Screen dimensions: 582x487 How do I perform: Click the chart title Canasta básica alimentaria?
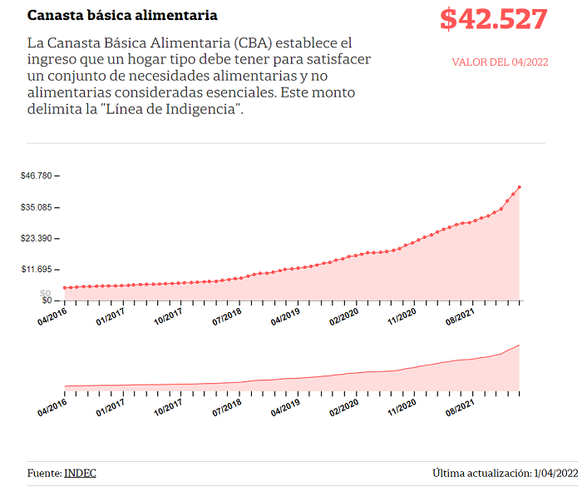(122, 15)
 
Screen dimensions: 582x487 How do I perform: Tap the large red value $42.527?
(494, 19)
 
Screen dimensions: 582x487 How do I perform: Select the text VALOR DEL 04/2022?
(500, 62)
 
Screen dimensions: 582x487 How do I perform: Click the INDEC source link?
(80, 473)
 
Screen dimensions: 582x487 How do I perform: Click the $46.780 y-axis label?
(37, 176)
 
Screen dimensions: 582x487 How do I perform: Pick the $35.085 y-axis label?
(37, 207)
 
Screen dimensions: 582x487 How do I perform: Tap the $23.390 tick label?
(37, 238)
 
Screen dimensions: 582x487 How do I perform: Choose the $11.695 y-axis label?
(37, 269)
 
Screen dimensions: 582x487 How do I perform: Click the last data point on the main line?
(520, 187)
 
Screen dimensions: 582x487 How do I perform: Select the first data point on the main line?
(65, 288)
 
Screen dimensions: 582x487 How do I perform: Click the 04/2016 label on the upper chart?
(52, 316)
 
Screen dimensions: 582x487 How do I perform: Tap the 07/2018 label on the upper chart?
(227, 316)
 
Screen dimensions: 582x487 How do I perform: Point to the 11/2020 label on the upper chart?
(402, 316)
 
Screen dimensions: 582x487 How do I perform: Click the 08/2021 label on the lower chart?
(461, 407)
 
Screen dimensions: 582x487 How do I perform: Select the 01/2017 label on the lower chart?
(111, 407)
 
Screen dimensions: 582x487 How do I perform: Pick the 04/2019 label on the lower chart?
(285, 407)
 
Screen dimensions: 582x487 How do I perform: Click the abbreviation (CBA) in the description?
(253, 43)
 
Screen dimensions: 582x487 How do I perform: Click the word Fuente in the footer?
(44, 473)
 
